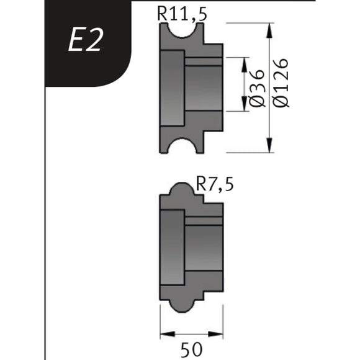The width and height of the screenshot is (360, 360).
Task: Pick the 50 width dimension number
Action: (191, 349)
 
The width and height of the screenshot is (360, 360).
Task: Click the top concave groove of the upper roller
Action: (182, 31)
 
